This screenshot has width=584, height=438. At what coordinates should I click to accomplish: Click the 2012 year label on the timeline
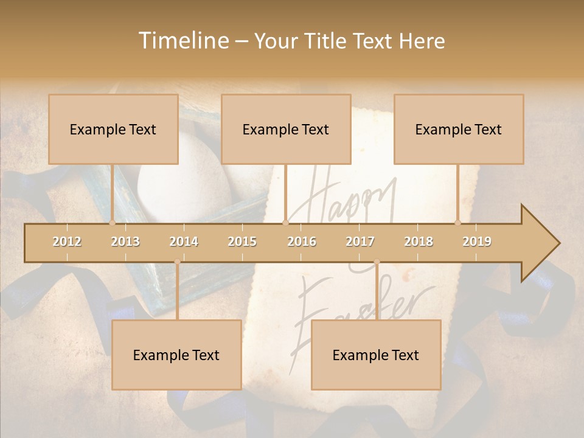pos(67,242)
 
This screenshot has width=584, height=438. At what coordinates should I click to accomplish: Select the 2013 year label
pos(125,242)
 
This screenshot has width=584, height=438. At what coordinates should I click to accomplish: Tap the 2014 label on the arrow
pos(184,242)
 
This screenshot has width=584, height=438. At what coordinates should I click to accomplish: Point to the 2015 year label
pos(242,242)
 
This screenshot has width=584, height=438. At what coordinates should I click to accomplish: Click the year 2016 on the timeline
pos(302,242)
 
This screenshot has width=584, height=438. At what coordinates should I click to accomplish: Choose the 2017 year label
pos(360,242)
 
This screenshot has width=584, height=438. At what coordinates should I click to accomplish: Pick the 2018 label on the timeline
pos(419,242)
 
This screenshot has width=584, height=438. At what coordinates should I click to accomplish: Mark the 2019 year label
pos(477,242)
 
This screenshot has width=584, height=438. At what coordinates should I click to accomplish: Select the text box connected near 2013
pos(113,129)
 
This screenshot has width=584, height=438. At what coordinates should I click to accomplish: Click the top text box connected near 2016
pos(286,129)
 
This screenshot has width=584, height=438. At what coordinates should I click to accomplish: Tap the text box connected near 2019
pos(459,129)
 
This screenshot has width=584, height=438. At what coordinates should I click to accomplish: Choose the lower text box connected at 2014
pos(176,355)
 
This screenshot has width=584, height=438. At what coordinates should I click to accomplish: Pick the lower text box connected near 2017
pos(376,355)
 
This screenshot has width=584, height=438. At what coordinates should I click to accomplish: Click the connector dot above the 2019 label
pos(458,223)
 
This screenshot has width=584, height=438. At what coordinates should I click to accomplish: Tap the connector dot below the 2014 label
pos(177,262)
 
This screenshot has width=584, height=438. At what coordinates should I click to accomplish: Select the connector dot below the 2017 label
pos(377,262)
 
